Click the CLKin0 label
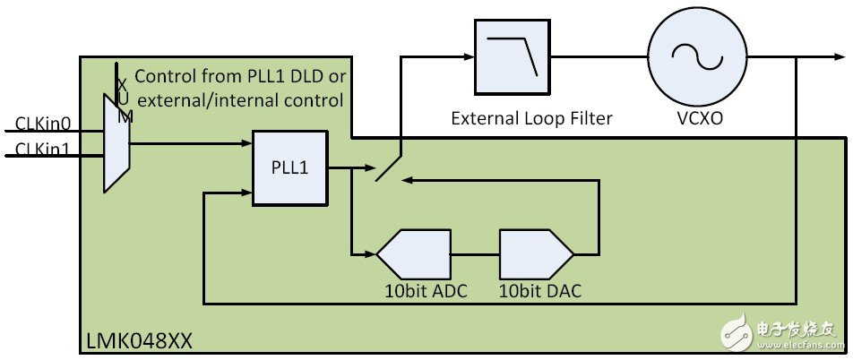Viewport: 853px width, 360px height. pos(42,122)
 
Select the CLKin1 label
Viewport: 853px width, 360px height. pos(42,148)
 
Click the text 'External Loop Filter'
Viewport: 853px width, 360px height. pos(531,117)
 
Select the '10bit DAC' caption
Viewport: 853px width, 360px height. pos(534,289)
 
